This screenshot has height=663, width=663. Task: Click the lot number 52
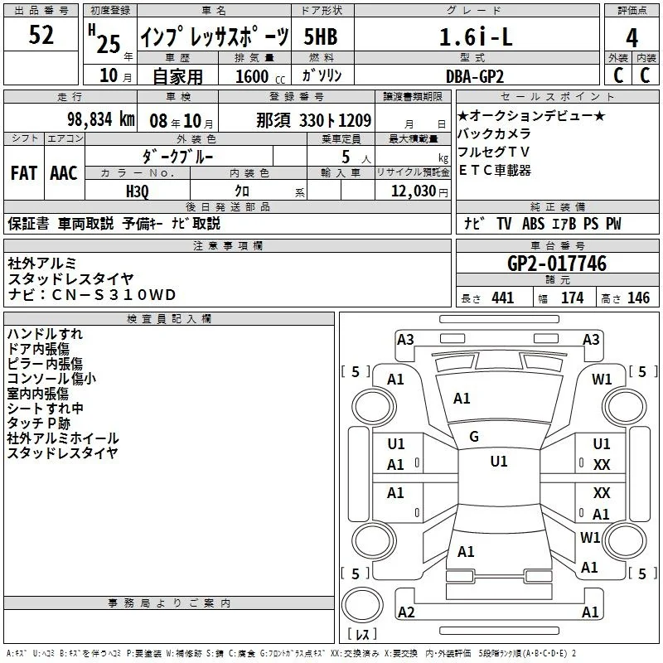coord(41,35)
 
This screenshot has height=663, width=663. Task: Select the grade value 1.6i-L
coord(476,36)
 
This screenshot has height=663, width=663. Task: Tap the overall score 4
coord(632,37)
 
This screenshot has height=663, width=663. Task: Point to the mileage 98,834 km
coord(101,119)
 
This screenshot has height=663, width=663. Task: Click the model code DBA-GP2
coord(475,76)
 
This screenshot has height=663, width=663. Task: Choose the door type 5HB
coord(321,36)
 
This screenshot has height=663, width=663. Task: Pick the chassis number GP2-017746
coord(556,264)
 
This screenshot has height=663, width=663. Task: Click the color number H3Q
coord(138,191)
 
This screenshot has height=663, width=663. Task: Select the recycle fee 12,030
coord(414,191)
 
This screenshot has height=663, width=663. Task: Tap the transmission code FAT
coord(24,173)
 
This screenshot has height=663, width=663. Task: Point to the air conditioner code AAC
coord(64,173)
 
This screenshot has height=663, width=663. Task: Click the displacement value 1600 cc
coord(260,76)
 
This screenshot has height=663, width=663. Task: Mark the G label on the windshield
coord(474,437)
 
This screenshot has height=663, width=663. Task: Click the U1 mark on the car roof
coord(499,462)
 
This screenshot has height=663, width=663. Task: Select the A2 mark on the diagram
coord(406,612)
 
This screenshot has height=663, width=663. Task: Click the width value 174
coord(572,298)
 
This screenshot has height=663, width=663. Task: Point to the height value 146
coord(638,298)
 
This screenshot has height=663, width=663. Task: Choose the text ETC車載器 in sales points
coord(494,170)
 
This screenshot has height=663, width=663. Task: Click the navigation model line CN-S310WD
coord(91,295)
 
